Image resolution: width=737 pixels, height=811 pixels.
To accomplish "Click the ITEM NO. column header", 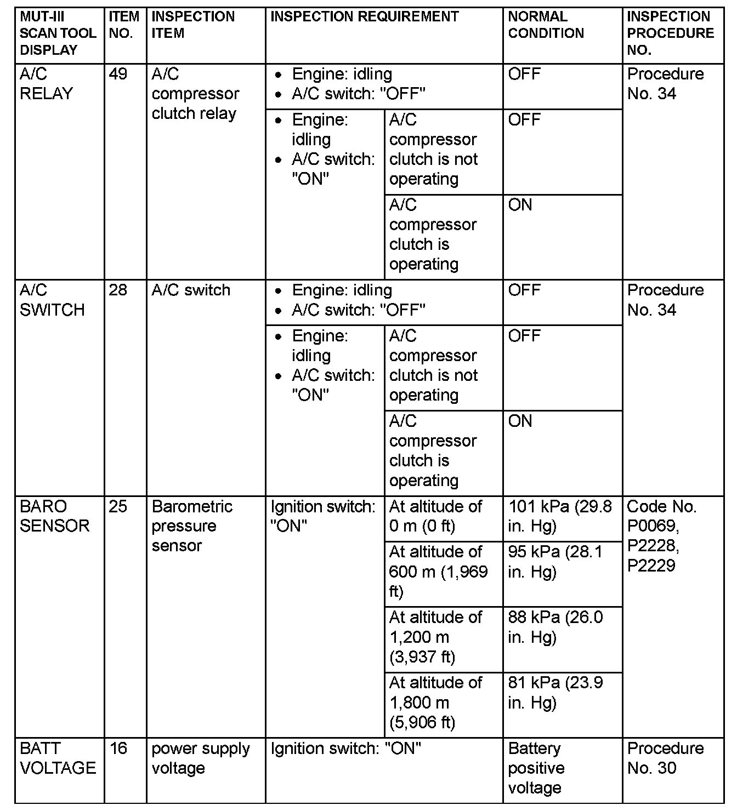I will (124, 25).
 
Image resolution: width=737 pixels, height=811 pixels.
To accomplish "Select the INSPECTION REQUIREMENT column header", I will (365, 16).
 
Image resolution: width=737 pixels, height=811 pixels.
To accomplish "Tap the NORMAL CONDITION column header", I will (546, 25).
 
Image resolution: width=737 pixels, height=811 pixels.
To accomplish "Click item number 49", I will (118, 74).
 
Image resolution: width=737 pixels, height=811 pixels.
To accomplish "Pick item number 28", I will (118, 290).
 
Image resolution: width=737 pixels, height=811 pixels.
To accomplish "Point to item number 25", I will (118, 506).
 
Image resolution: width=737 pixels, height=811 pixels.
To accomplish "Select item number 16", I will (118, 749).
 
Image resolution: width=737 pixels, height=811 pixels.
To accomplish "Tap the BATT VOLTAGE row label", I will (58, 758).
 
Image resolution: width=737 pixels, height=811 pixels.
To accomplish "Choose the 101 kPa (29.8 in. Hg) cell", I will (560, 516).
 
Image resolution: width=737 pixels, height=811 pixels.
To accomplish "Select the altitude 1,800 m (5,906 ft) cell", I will (435, 703).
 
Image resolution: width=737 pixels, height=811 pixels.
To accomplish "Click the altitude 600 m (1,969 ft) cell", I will (438, 572).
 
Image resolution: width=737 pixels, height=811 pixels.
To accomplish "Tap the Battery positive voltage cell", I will (536, 768).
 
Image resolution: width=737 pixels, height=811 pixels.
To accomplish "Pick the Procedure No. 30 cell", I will (665, 758).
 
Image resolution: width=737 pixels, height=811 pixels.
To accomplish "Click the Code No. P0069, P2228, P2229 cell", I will (661, 536).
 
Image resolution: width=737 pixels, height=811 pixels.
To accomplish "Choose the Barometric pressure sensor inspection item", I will (192, 526).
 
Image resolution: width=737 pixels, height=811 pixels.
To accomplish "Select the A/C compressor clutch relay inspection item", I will (195, 94).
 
